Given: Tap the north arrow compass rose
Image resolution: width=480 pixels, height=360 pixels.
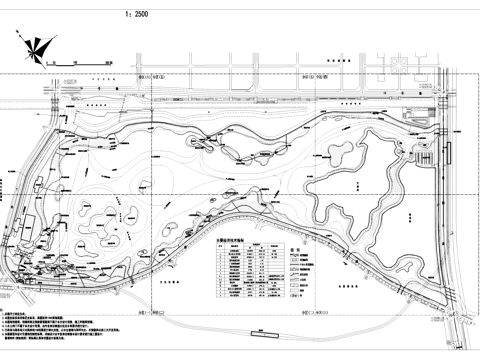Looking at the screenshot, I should click(x=34, y=44).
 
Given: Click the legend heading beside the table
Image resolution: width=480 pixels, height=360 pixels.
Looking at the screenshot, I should click(x=295, y=249).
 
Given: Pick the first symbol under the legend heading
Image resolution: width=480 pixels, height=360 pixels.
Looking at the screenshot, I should click(x=294, y=258).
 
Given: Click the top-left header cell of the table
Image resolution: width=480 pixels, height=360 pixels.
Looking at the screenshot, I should click(x=221, y=248).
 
